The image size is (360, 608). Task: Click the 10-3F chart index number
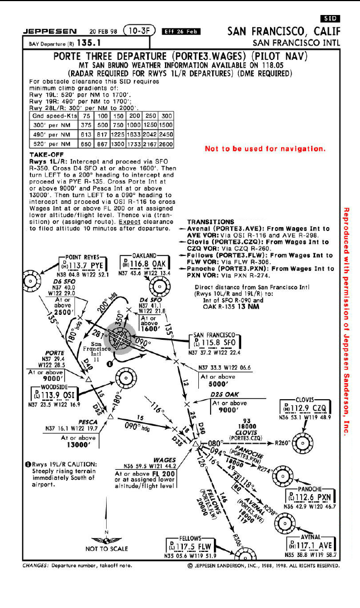pyautogui.click(x=139, y=31)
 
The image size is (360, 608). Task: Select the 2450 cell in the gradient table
pyautogui.click(x=166, y=134)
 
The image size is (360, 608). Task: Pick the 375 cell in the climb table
pyautogui.click(x=86, y=125)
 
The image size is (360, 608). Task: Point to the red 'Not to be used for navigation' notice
pyautogui.click(x=264, y=149)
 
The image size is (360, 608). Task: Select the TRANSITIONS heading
pyautogui.click(x=211, y=222)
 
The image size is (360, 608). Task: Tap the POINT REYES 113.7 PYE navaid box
pyautogui.click(x=83, y=265)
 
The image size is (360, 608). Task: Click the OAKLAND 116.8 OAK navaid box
pyautogui.click(x=143, y=263)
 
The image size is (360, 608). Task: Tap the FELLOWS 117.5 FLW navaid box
pyautogui.click(x=189, y=546)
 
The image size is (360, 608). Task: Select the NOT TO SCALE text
pyautogui.click(x=107, y=549)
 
